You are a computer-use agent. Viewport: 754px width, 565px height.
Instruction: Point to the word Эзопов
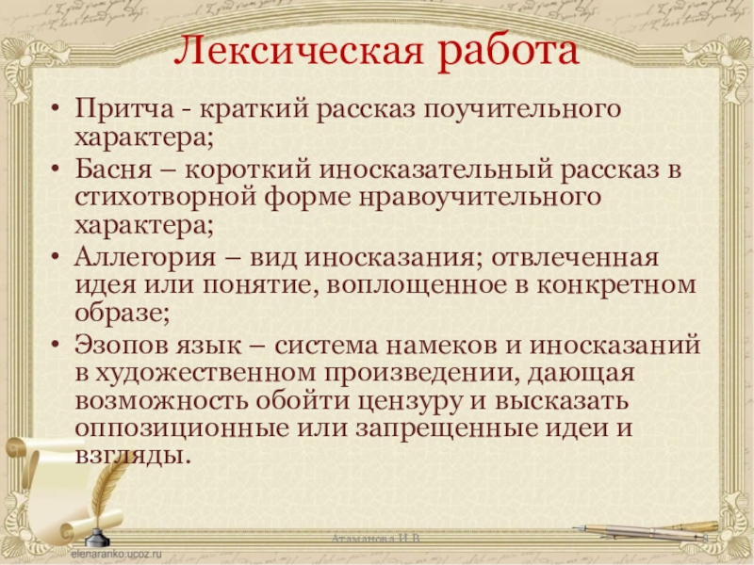[123, 346]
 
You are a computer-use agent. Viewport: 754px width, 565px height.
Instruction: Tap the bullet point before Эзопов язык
[59, 347]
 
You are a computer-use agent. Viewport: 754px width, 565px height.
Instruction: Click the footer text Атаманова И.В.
[376, 538]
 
